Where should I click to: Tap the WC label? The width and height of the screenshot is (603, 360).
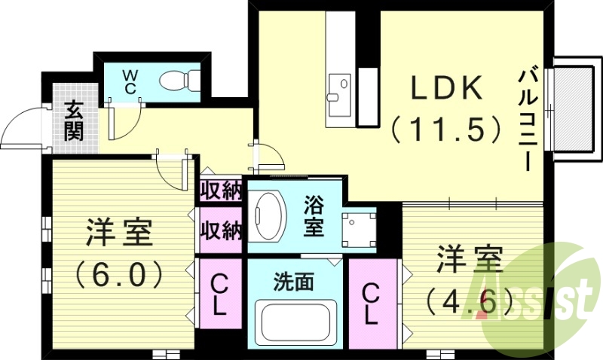(x=130, y=81)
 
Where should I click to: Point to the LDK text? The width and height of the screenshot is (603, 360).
(x=445, y=89)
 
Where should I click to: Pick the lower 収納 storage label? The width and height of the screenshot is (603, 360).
(x=220, y=230)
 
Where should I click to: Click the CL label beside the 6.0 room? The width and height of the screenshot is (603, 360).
(x=219, y=295)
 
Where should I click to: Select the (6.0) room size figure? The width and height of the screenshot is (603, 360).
(x=120, y=271)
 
